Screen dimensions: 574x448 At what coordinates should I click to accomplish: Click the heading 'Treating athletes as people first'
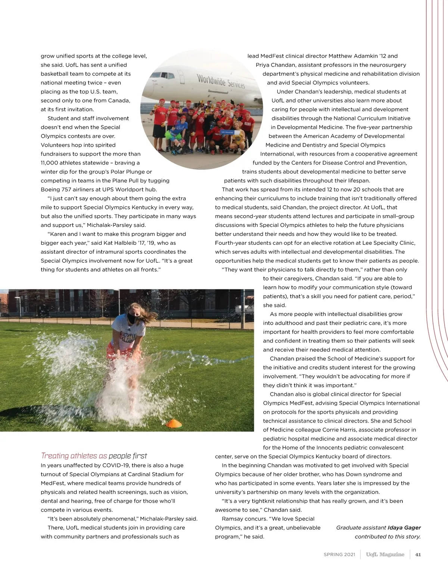[94, 456]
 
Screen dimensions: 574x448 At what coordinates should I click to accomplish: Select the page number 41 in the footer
[418, 554]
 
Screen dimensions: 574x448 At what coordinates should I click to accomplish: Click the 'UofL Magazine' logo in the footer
[385, 554]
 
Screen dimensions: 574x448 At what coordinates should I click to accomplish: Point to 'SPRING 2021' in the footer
[339, 555]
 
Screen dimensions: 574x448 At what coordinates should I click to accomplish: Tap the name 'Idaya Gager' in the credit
[404, 528]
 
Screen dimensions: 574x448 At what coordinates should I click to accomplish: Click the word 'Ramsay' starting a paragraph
[231, 519]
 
